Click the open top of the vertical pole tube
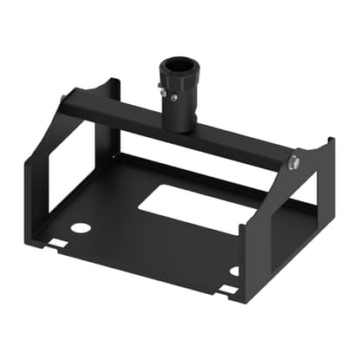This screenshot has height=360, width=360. pos(178,62)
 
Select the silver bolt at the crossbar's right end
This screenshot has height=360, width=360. pos(295,161)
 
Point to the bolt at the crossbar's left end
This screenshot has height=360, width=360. pos(63,108)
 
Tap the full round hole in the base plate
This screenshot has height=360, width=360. pos(80,228)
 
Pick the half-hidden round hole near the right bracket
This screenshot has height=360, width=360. pos(235,271)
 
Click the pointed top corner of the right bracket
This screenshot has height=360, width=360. pos(329,140)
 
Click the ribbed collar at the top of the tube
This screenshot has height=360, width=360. pos(178,73)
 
